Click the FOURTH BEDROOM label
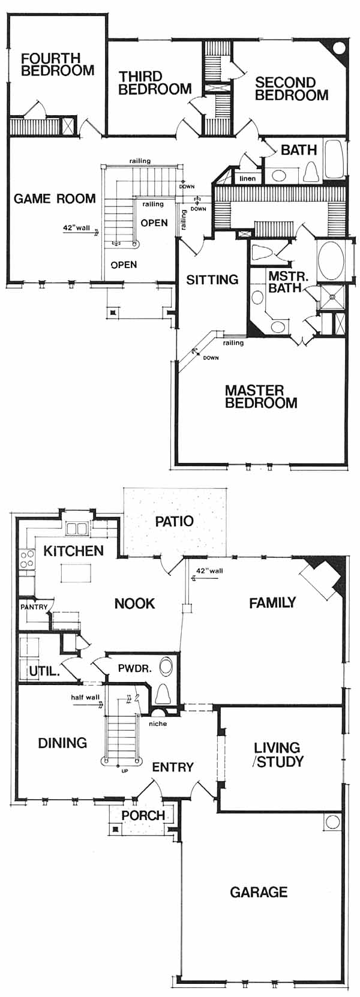tap(58, 64)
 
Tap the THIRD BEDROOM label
tap(155, 83)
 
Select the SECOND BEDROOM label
tap(292, 89)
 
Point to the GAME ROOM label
tap(55, 199)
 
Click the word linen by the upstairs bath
tap(247, 179)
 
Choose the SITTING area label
tap(212, 280)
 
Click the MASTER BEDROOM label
tap(261, 397)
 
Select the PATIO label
tap(174, 521)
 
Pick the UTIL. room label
tap(44, 671)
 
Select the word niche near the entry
tap(158, 723)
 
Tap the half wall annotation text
tap(86, 698)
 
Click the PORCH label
tap(143, 815)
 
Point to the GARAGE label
tap(259, 891)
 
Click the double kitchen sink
tap(76, 528)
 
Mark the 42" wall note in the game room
tap(77, 229)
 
